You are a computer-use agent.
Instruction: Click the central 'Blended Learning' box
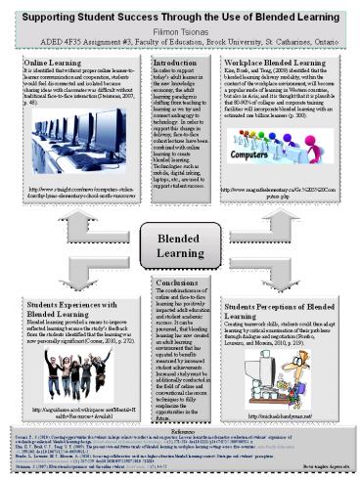[x=179, y=245]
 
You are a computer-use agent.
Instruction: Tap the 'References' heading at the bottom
[x=179, y=428]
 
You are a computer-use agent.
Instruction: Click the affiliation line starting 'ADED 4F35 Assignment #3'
[x=180, y=43]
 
